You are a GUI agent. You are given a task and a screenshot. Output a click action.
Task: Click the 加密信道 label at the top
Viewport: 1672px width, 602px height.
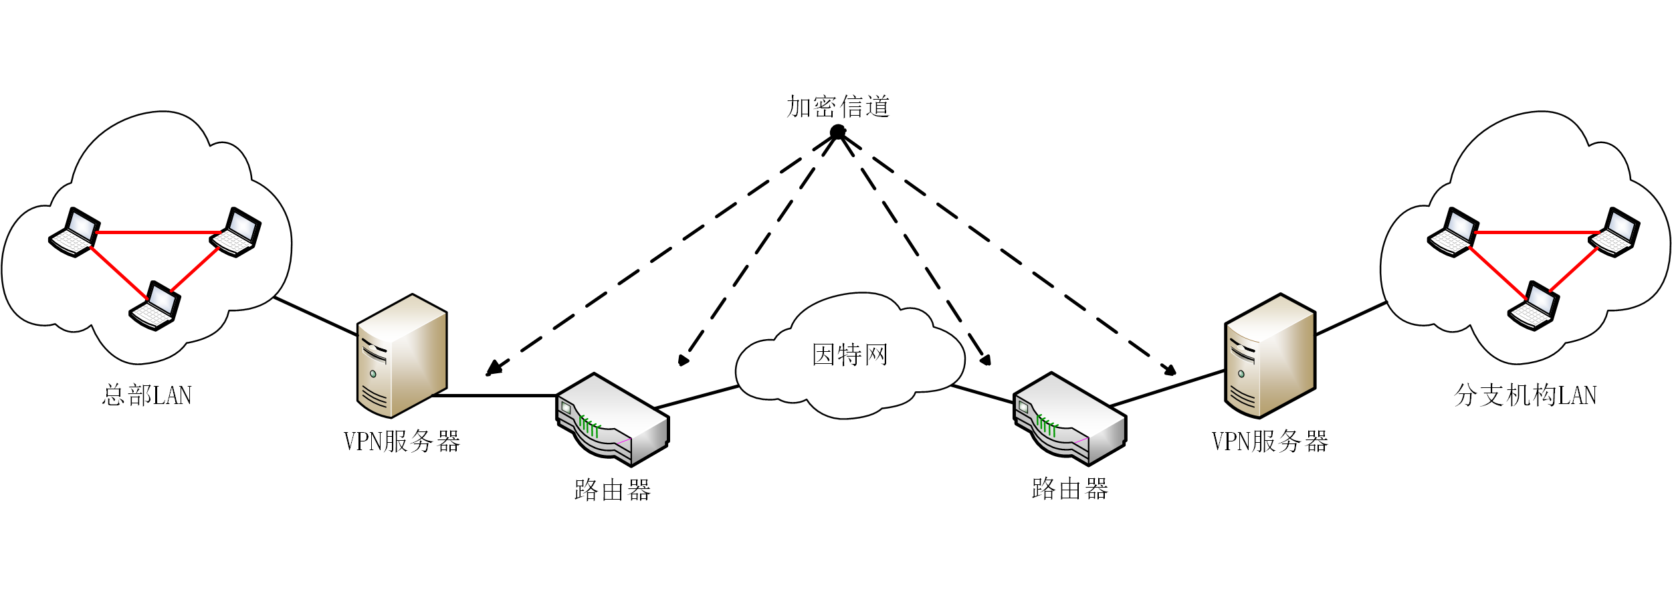coord(838,107)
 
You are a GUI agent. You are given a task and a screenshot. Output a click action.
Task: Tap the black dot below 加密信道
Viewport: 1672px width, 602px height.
coord(837,132)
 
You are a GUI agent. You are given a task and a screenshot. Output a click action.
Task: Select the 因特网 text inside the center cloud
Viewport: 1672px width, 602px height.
coord(850,355)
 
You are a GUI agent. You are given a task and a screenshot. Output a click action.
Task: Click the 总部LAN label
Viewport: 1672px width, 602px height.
coord(147,395)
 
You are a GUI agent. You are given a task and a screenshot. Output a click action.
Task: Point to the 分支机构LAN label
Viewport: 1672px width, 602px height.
coord(1526,395)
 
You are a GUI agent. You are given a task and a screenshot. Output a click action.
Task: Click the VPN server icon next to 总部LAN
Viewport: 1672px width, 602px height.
coord(402,356)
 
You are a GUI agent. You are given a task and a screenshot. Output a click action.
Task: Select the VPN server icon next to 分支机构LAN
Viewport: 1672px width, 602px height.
coord(1270,356)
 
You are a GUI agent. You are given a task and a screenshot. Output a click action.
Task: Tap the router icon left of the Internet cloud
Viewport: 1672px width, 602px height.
coord(613,419)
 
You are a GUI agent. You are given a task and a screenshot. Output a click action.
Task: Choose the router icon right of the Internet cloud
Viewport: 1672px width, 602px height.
coord(1070,419)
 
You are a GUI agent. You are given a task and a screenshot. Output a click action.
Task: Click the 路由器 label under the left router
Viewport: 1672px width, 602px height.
coord(613,490)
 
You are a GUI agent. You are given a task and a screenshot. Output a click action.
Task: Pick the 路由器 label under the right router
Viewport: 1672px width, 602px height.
coord(1070,489)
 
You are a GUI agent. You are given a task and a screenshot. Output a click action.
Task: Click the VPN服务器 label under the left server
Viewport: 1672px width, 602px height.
coord(402,441)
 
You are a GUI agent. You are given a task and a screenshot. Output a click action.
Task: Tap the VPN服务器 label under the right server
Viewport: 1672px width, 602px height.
coord(1270,441)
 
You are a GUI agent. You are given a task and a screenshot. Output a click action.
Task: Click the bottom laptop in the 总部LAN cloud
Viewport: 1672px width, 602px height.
coord(154,306)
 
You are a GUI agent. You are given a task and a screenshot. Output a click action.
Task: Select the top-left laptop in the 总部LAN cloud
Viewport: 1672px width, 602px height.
coord(74,232)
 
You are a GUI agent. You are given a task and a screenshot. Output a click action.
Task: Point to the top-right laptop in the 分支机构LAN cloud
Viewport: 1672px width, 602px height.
coord(1614,232)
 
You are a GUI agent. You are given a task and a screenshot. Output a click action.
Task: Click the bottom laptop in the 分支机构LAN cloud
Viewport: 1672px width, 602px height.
coord(1534,306)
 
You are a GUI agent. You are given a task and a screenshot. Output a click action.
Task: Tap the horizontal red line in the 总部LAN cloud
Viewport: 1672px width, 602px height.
coord(158,232)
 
